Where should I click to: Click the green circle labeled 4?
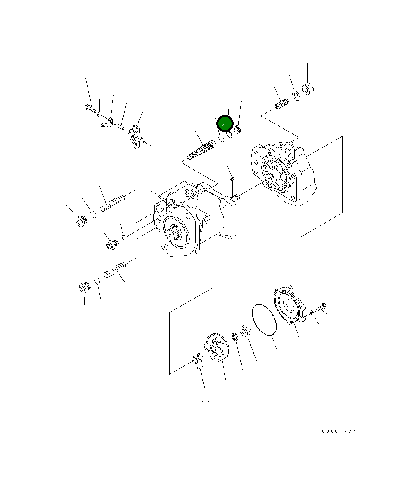[x=225, y=125]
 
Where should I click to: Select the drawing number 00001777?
[x=339, y=432]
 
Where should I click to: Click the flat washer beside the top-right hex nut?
[x=296, y=95]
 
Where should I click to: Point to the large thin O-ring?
[x=264, y=320]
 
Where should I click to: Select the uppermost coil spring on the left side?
[x=113, y=203]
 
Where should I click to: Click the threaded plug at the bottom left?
[x=85, y=288]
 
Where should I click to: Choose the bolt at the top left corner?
[x=90, y=109]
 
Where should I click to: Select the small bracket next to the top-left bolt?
[x=108, y=123]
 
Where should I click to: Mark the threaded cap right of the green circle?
[x=237, y=128]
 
